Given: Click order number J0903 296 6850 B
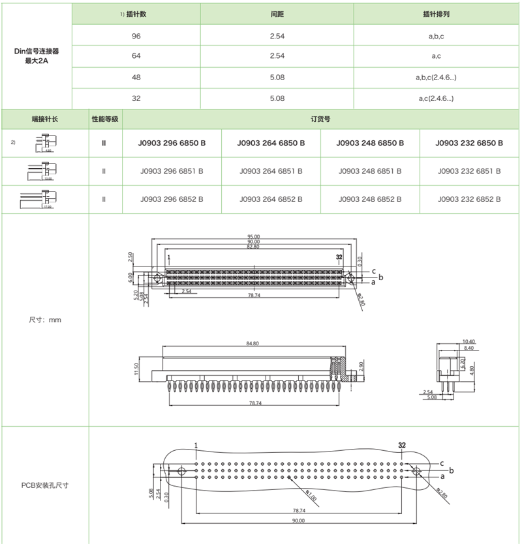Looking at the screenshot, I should pos(172,143).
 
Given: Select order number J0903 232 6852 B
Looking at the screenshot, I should pos(469,199).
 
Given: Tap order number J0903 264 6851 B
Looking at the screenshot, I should pos(271,171).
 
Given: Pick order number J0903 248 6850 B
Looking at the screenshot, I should pos(370,143).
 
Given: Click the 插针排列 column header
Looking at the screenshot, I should pos(437,14).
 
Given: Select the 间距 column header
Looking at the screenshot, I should pos(277,14).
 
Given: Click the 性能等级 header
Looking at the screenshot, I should pos(104,119).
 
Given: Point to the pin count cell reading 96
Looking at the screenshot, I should pos(136,36).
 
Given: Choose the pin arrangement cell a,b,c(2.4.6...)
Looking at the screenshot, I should pos(437,78).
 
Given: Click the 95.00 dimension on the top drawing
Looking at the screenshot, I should pos(253,236).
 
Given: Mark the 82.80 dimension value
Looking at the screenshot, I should pos(253,247).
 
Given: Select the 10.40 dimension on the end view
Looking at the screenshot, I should pos(468,341).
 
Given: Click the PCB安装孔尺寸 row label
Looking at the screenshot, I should pos(45,485).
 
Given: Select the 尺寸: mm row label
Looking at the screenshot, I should pos(45,320).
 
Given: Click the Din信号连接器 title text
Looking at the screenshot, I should pos(37,50).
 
